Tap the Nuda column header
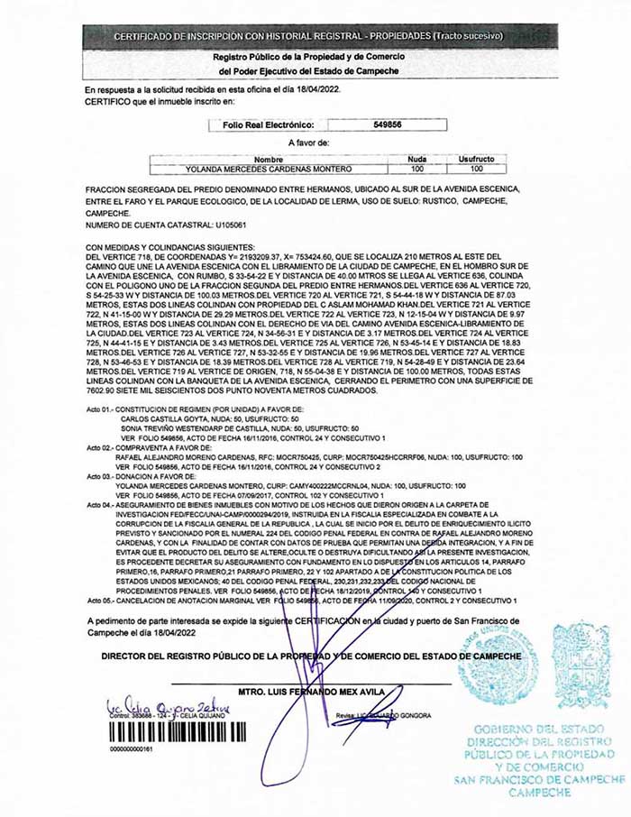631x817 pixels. pyautogui.click(x=416, y=159)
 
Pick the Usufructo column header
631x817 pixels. pyautogui.click(x=476, y=159)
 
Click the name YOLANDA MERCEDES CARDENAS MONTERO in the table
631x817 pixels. pyautogui.click(x=256, y=168)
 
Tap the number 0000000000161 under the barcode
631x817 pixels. pyautogui.click(x=131, y=748)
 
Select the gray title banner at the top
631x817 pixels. pyautogui.click(x=315, y=35)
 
